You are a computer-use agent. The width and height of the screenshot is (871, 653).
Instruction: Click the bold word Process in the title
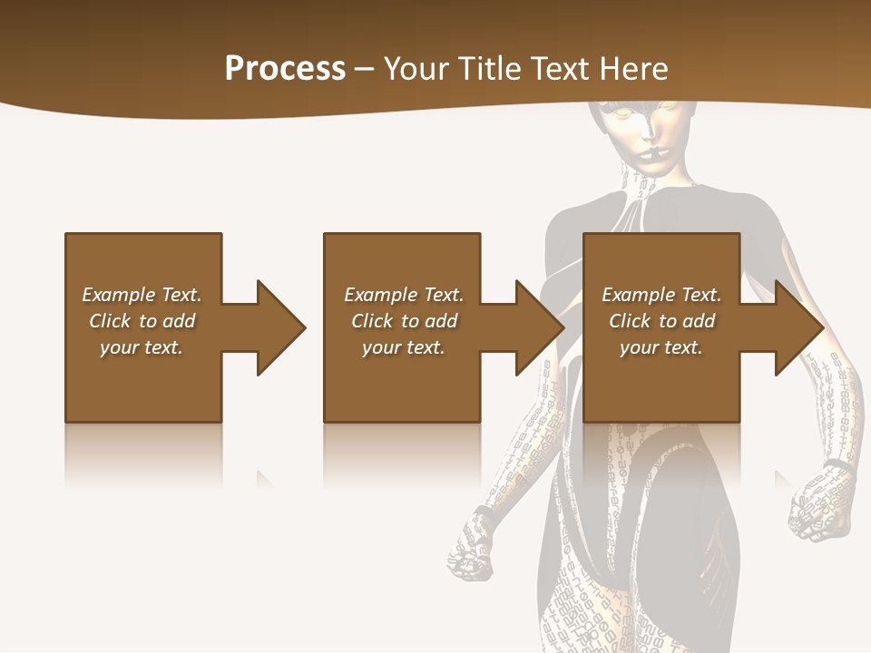point(285,69)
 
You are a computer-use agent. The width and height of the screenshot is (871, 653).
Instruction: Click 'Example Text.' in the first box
point(142,295)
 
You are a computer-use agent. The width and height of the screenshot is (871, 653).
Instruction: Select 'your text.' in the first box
point(142,347)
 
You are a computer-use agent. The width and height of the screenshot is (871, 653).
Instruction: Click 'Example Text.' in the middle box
point(404,295)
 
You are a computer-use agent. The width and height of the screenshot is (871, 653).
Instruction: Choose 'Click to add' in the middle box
point(404,321)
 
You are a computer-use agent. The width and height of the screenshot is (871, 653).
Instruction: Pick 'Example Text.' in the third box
point(661,295)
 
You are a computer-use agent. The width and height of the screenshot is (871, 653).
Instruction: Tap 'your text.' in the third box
point(661,347)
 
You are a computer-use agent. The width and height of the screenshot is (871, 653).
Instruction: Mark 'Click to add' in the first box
point(142,321)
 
